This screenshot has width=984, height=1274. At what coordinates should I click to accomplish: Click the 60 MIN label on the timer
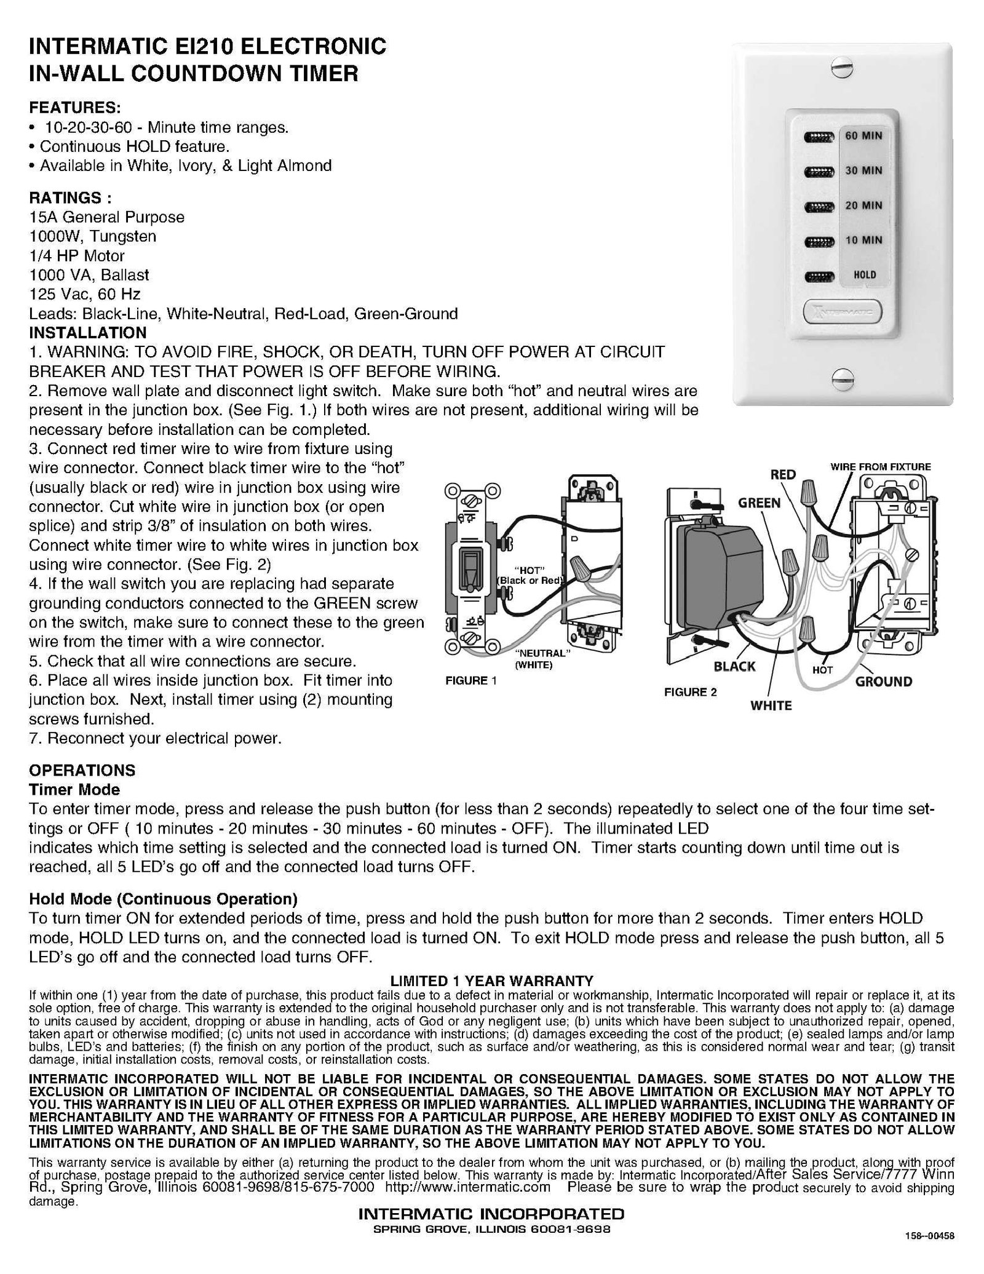863,135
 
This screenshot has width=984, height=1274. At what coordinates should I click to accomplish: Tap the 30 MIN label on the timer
863,170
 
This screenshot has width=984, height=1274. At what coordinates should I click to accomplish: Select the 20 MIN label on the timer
863,205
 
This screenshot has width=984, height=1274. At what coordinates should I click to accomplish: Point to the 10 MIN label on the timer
863,240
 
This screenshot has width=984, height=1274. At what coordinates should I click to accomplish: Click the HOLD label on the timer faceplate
865,275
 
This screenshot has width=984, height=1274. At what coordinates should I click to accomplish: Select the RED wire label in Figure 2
783,474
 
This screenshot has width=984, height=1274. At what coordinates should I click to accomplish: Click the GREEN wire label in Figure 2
759,503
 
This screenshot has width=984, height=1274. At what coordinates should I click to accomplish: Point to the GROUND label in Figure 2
884,681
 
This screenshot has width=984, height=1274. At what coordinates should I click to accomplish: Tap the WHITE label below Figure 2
771,706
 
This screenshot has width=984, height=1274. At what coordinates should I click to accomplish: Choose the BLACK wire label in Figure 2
734,666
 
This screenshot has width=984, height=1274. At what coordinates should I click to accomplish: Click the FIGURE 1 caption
470,680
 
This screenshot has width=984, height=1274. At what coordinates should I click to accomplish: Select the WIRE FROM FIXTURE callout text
881,467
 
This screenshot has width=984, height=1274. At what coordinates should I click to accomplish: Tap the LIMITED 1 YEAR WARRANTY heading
492,981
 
